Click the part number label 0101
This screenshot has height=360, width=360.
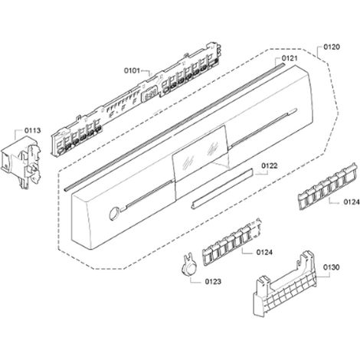(x=132, y=70)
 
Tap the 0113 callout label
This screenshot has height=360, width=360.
(x=32, y=130)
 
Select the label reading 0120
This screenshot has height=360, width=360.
(x=332, y=47)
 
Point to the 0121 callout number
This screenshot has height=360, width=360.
(x=290, y=58)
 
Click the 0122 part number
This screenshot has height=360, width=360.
(x=270, y=166)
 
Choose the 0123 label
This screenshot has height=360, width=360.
(x=213, y=282)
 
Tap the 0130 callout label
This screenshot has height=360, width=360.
(x=332, y=267)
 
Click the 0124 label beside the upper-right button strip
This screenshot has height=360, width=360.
(x=352, y=202)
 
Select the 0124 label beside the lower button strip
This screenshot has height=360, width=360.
(x=264, y=252)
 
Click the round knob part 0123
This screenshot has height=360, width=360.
(x=188, y=266)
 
